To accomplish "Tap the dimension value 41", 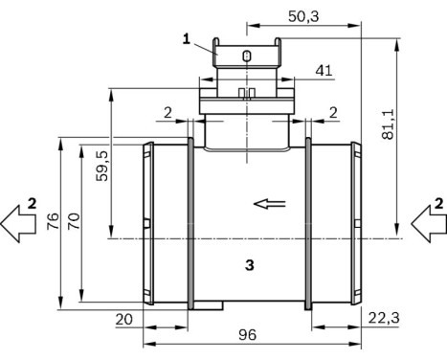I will [324, 70].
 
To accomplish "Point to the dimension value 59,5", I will [102, 166].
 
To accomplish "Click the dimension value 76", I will [55, 222].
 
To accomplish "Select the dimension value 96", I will [249, 335].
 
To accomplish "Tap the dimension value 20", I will [123, 319].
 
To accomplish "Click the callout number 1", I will [189, 38].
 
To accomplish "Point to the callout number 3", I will [248, 265].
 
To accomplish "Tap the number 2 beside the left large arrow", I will [32, 202].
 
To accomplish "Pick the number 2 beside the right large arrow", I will [438, 202].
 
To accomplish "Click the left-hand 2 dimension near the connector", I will [168, 113].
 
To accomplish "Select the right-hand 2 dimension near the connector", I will [332, 113].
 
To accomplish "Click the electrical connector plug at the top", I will [247, 67].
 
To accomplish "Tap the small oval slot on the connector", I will [247, 56].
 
